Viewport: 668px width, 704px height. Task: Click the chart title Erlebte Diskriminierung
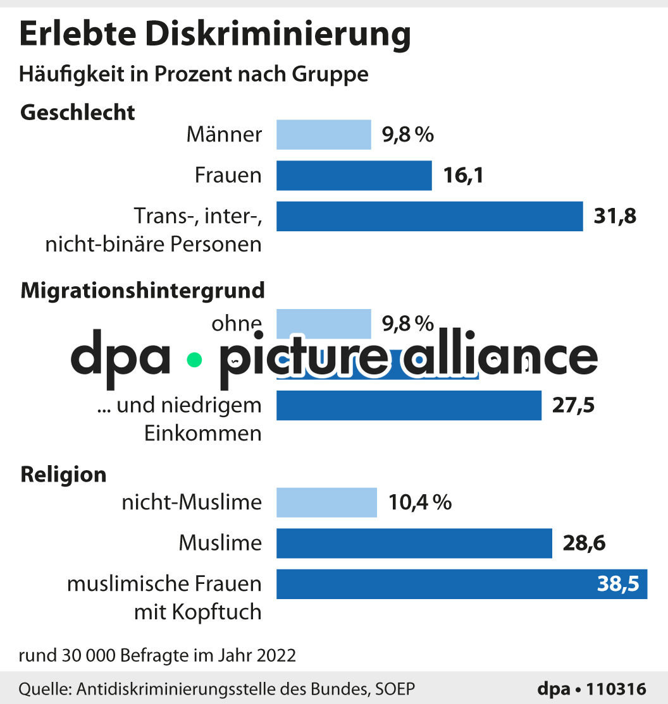pos(215,35)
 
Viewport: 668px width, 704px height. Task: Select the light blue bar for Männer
pos(323,135)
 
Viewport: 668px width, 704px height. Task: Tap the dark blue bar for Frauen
pos(354,175)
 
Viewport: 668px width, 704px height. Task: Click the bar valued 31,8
pos(429,216)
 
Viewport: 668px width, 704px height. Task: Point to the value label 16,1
pos(463,175)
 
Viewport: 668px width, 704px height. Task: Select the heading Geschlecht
pos(78,112)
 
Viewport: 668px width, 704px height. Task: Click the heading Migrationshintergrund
pos(142,291)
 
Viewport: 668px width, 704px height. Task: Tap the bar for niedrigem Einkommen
pos(409,405)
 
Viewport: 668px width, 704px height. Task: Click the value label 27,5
pos(573,405)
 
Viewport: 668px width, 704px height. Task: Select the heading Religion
pos(63,474)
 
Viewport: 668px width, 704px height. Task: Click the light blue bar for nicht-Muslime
pos(326,502)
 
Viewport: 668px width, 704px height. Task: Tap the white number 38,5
pos(618,585)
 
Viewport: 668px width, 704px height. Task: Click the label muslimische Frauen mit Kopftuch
pos(164,598)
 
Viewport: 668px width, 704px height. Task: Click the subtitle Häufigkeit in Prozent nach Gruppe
pos(194,74)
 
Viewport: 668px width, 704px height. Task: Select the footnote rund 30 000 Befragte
pos(157,655)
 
